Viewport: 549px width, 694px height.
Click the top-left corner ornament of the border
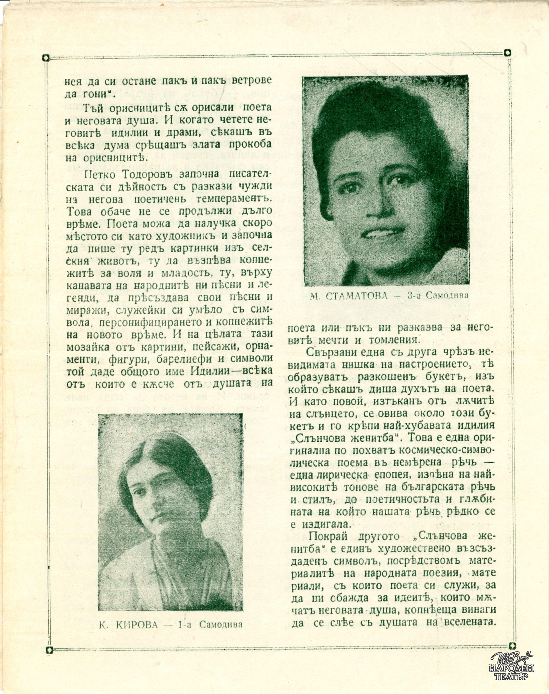(46, 58)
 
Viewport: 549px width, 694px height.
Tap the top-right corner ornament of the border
(507, 53)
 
